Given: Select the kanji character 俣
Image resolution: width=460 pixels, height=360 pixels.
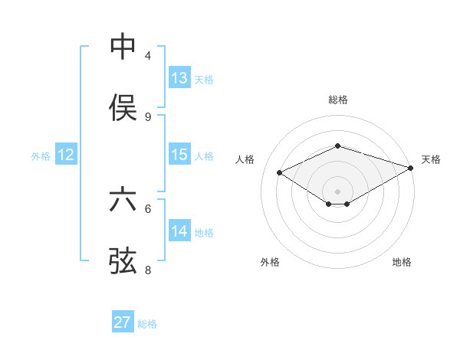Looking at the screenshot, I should (123, 107).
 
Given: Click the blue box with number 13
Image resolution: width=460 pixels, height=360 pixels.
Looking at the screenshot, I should (179, 78).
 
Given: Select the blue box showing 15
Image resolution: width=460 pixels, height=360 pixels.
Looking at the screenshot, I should (179, 155).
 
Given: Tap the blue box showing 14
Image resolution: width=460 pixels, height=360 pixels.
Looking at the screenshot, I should (179, 231).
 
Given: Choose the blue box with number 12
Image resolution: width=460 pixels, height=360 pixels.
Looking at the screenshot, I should (66, 155).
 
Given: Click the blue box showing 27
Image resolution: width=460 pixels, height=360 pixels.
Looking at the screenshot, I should (123, 322).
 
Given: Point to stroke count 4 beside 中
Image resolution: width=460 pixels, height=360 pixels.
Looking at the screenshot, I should (148, 56).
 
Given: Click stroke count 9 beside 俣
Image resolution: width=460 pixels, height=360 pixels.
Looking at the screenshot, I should (148, 117).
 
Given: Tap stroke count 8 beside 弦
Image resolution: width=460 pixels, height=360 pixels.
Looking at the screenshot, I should (148, 270).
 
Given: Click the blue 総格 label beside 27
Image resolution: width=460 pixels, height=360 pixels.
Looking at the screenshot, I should (147, 324).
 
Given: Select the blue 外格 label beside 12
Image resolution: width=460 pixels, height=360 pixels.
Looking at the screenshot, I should (41, 156).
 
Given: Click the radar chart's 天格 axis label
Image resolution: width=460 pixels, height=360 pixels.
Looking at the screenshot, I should (431, 159).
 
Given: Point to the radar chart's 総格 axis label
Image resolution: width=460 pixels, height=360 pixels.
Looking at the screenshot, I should (338, 100).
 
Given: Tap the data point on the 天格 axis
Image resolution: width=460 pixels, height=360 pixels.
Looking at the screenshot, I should (411, 167).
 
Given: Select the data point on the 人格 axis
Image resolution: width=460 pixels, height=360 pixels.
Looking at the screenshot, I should (280, 172).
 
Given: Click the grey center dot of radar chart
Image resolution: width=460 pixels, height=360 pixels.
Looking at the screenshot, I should (338, 191).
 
